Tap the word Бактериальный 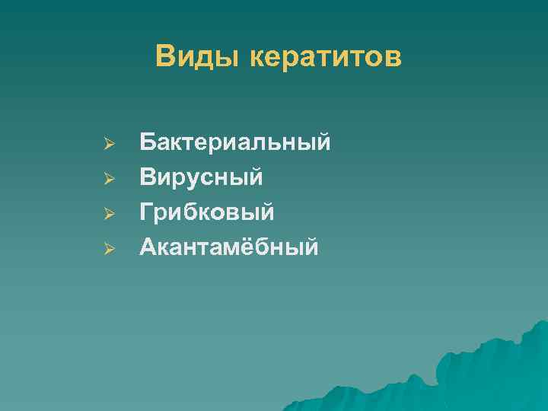click(235, 142)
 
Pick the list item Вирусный click(202, 177)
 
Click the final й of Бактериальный click(323, 142)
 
